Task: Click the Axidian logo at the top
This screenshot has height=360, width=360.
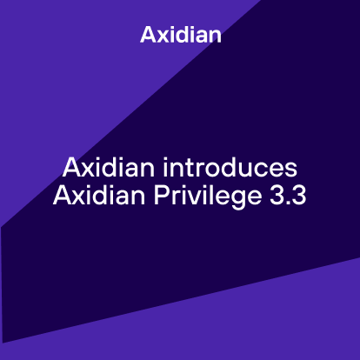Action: coord(180,36)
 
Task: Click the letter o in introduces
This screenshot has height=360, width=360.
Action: coord(211,166)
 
